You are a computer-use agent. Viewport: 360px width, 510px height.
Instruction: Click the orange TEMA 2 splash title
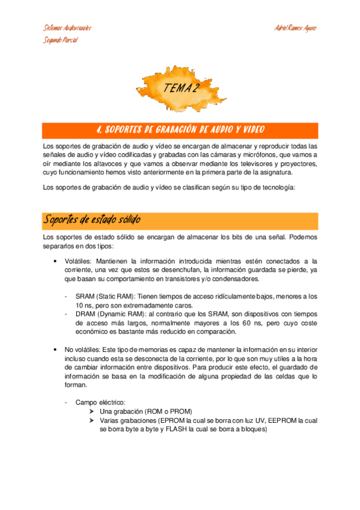pos(180,88)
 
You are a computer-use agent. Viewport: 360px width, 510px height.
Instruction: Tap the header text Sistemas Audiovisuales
pos(67,28)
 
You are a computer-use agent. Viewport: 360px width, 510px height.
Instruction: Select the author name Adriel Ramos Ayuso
pos(294,28)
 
